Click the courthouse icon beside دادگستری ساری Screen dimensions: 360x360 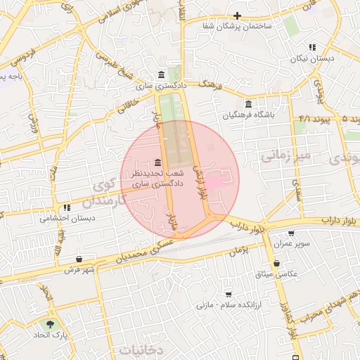point(162,75)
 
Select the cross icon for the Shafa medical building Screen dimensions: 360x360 point(238,15)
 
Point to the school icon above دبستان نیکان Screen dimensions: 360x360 point(312,48)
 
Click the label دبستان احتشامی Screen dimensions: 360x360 point(68,219)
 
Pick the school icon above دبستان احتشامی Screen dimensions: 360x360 point(67,208)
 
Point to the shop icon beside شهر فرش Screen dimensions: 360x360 point(87,258)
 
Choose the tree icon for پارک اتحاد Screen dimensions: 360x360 point(50,324)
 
